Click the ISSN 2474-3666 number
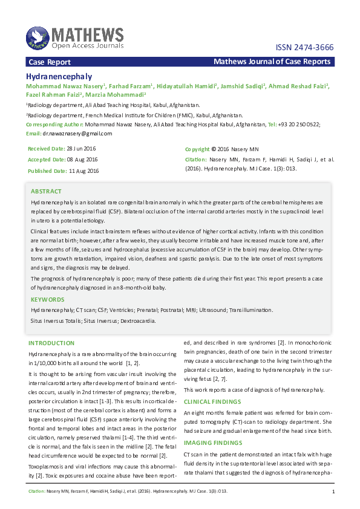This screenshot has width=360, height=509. click(304, 48)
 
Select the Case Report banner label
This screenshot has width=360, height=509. click(50, 62)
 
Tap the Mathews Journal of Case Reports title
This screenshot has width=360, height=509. click(272, 62)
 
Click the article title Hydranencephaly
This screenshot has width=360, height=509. click(59, 77)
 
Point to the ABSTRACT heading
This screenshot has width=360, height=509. click(46, 191)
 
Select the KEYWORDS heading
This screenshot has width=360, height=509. click(47, 299)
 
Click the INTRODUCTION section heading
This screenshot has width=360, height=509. click(51, 343)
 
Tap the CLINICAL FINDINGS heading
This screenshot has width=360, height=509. click(212, 401)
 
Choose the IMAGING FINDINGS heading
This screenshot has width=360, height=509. click(211, 443)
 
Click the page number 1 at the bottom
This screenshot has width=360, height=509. click(333, 492)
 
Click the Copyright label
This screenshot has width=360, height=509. click(197, 149)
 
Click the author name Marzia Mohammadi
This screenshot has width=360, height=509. click(115, 95)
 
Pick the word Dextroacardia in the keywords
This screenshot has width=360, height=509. click(138, 320)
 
